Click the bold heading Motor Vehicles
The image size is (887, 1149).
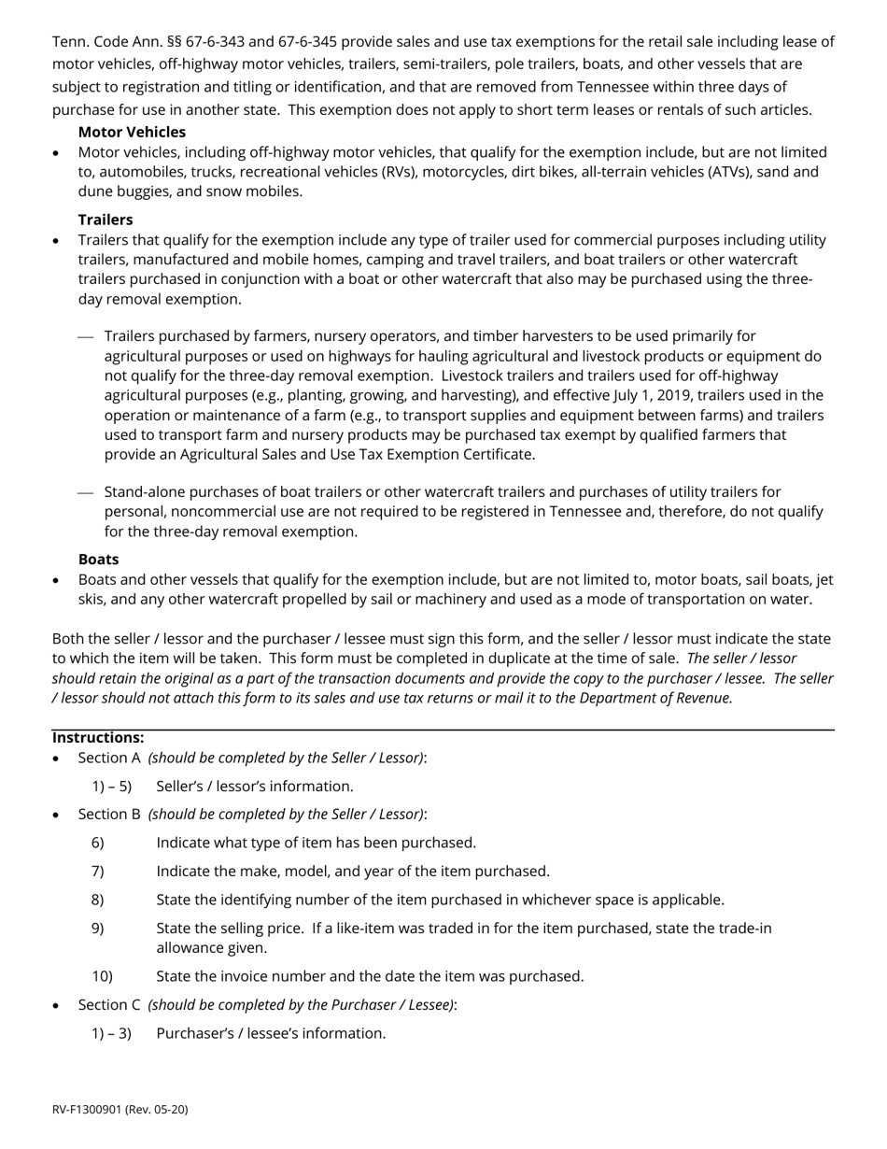click(132, 132)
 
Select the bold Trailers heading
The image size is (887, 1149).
click(106, 220)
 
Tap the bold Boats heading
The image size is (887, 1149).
click(98, 559)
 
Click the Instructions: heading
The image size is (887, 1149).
click(98, 737)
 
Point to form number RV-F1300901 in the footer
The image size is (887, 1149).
click(94, 1109)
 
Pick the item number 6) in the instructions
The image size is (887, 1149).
click(98, 843)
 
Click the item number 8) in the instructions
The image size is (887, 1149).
click(98, 900)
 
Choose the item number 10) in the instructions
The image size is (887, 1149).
click(102, 976)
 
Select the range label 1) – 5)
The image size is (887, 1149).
click(112, 787)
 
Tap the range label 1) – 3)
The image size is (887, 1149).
click(112, 1033)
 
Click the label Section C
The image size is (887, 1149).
click(109, 1004)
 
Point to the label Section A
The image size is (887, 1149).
click(109, 758)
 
